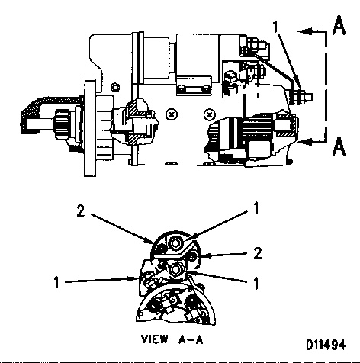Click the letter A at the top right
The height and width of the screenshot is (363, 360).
[x=339, y=25]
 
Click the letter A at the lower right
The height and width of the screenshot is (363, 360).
[x=339, y=146]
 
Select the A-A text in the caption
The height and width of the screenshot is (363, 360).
[x=191, y=339]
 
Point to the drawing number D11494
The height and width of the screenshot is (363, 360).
[x=326, y=345]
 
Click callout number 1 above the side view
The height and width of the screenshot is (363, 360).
[x=275, y=27]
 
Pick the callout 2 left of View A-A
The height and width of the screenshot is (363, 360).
[x=81, y=211]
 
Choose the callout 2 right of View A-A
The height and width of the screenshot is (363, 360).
[x=258, y=253]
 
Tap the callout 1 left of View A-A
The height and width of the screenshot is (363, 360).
[x=56, y=282]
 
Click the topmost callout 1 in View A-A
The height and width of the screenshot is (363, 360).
[x=256, y=208]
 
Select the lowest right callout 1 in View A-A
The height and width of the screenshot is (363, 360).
[x=256, y=283]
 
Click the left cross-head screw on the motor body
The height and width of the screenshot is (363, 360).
[x=172, y=114]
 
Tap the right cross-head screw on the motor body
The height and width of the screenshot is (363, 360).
[x=210, y=114]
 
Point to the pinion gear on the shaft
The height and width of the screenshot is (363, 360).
[x=62, y=124]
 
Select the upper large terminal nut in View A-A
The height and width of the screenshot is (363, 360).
[x=175, y=243]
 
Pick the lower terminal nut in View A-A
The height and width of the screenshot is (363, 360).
[x=175, y=270]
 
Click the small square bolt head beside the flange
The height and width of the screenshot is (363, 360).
[x=115, y=88]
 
